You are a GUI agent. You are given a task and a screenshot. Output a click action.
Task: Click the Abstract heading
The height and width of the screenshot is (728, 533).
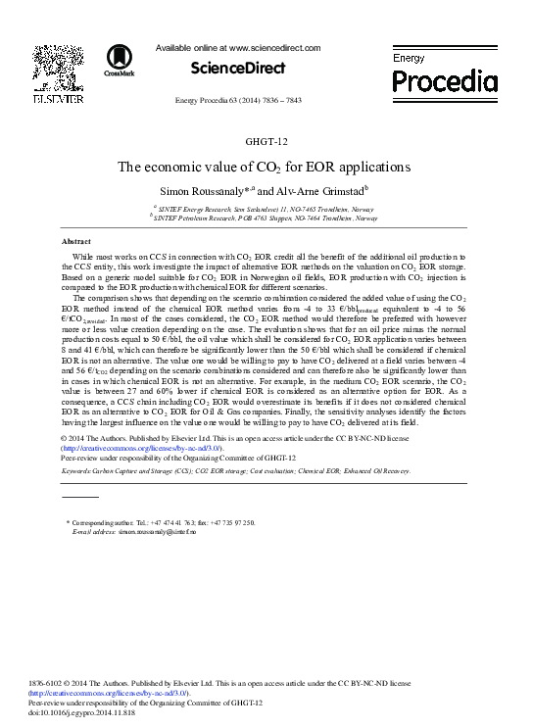[x=75, y=241]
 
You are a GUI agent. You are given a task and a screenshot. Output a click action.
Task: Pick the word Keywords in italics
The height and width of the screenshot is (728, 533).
[x=81, y=471]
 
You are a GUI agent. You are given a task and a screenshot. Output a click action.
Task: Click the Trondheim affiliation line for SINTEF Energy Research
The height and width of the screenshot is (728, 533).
[x=270, y=209]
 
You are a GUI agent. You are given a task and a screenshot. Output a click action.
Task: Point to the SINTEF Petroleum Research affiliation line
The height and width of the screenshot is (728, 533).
[x=270, y=218]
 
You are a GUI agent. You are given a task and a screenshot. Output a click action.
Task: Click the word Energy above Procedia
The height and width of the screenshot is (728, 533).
[x=409, y=59]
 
